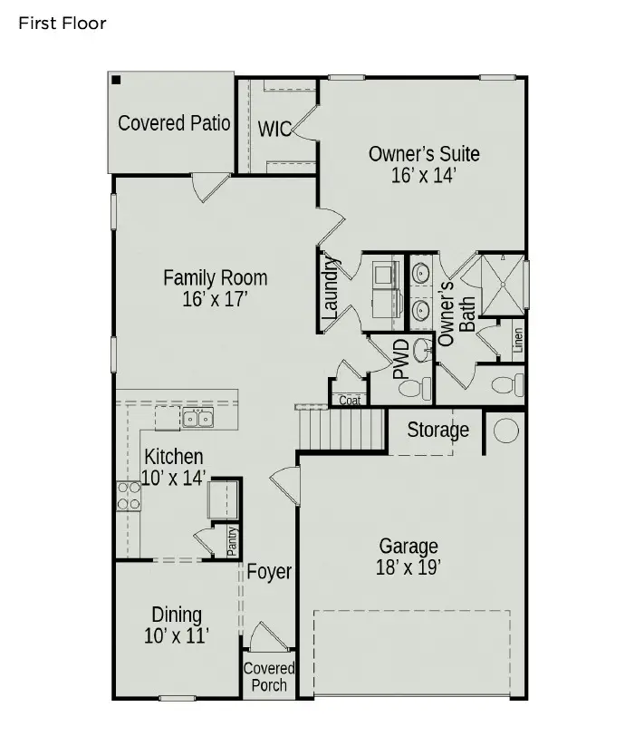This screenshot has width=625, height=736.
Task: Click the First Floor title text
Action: (62, 23)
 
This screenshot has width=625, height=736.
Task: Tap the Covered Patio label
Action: (174, 122)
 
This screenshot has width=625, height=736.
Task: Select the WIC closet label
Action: (274, 129)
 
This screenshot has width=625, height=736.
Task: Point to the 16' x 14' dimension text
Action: (423, 176)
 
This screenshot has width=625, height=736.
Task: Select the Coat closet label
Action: (349, 400)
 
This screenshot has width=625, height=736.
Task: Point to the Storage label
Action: (437, 430)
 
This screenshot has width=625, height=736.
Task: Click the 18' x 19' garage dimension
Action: (409, 568)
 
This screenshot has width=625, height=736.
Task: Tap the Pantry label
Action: (232, 541)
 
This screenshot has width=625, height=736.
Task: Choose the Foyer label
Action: (269, 572)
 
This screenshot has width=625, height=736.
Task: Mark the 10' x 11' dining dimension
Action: (177, 636)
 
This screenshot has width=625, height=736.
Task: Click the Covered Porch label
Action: (269, 677)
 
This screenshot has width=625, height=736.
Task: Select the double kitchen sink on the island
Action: (197, 418)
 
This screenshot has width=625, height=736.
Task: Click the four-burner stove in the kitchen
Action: (128, 495)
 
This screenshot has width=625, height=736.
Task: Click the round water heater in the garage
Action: (505, 430)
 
